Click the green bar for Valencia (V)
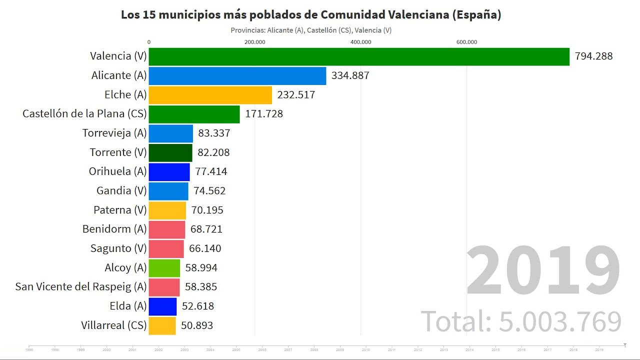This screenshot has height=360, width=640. (x=359, y=56)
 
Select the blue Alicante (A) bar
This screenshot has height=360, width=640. (x=237, y=76)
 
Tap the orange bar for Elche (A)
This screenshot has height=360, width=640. (x=210, y=95)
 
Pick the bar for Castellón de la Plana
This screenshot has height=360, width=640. (x=194, y=114)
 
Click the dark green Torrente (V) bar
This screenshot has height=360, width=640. (x=170, y=152)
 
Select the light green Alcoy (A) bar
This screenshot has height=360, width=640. (x=164, y=268)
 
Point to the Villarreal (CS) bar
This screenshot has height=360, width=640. (x=162, y=325)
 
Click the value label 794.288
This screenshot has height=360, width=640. (x=593, y=56)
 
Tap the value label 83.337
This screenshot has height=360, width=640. (x=214, y=133)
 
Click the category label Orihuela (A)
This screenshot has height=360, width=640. (x=118, y=171)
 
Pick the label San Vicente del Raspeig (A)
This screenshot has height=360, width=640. (x=81, y=287)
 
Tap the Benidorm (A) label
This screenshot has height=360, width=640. (x=114, y=229)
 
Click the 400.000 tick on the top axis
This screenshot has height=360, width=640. (x=360, y=42)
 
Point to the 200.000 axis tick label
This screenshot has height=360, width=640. (x=254, y=42)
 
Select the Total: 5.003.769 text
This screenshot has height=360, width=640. (x=521, y=321)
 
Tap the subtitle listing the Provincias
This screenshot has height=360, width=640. (x=311, y=30)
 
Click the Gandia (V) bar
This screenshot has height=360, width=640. (x=168, y=191)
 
